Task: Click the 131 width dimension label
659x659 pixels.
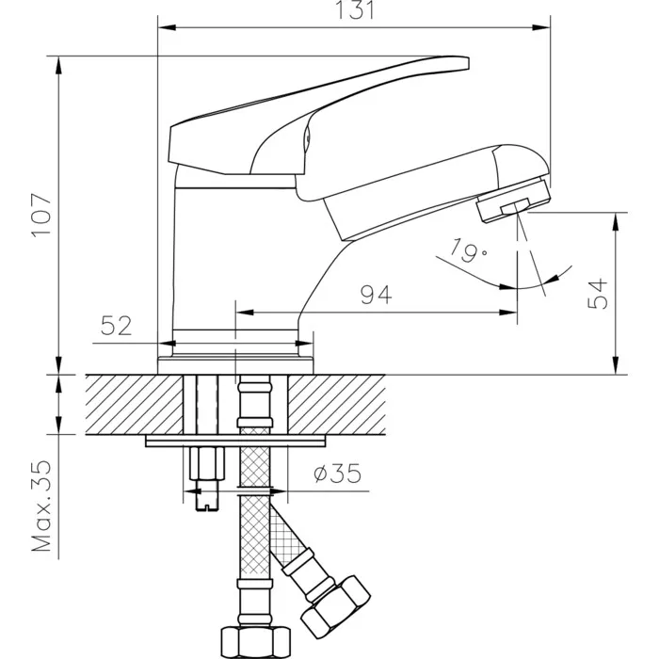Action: [x=355, y=10]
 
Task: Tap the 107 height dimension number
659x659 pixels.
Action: [x=41, y=215]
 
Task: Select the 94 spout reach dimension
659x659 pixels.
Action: [x=377, y=295]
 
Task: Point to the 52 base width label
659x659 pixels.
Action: [x=117, y=326]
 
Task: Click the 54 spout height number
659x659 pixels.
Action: [x=598, y=294]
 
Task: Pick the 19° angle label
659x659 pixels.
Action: [x=469, y=251]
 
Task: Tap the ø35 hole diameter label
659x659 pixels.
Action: [x=337, y=474]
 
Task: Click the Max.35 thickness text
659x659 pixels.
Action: [x=41, y=506]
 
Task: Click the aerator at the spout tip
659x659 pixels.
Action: [x=514, y=201]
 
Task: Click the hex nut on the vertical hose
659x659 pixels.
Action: [x=256, y=643]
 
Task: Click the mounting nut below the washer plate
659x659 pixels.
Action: [x=206, y=463]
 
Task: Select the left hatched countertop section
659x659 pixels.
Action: [x=135, y=404]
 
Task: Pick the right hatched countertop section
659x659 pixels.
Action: [x=336, y=404]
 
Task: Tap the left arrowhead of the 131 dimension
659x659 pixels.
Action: [x=167, y=27]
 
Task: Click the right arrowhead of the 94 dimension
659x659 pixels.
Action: [x=507, y=313]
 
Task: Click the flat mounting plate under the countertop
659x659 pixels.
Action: [x=235, y=441]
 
